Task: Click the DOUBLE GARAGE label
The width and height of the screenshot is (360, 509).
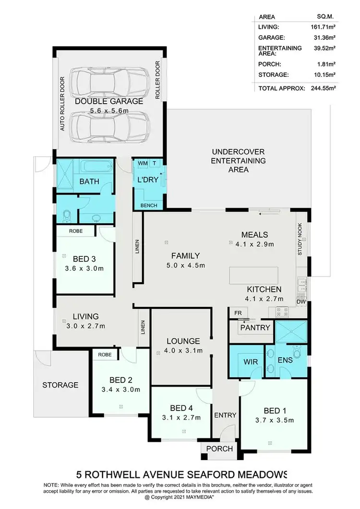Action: pyautogui.click(x=109, y=101)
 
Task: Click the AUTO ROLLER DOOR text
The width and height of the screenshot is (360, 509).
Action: pyautogui.click(x=62, y=104)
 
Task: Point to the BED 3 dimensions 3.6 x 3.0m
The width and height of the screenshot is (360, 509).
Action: pyautogui.click(x=84, y=268)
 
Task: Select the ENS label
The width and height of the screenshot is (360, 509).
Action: pyautogui.click(x=286, y=361)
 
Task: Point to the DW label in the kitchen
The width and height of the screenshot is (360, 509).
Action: pyautogui.click(x=300, y=302)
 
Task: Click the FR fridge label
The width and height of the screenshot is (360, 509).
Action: pyautogui.click(x=238, y=313)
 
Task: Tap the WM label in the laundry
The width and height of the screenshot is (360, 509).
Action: pyautogui.click(x=143, y=163)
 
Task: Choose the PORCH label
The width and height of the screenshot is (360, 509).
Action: pyautogui.click(x=219, y=449)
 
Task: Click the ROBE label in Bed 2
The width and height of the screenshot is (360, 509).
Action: pyautogui.click(x=105, y=355)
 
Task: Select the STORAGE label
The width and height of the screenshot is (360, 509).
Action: pyautogui.click(x=60, y=385)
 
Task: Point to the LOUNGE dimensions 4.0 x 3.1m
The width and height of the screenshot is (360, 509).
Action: pyautogui.click(x=180, y=351)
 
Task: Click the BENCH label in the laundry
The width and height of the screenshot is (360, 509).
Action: pyautogui.click(x=148, y=205)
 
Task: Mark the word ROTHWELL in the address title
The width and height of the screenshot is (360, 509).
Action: pyautogui.click(x=126, y=473)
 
